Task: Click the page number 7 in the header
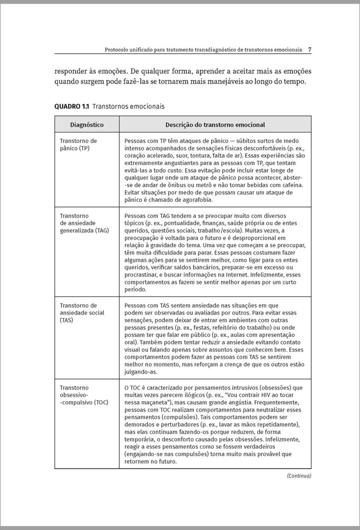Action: pos(310,49)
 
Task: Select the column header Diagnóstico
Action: pos(87,125)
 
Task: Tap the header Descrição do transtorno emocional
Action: pos(215,125)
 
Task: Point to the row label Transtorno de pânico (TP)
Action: pos(78,144)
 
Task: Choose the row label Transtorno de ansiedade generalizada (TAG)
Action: pos(84,223)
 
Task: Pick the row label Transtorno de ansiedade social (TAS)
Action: pos(82,312)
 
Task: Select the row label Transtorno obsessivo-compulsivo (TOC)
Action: pos(83,395)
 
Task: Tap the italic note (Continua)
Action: pos(299,476)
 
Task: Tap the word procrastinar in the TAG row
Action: pos(143,274)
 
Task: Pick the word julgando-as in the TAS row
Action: pos(140,372)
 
